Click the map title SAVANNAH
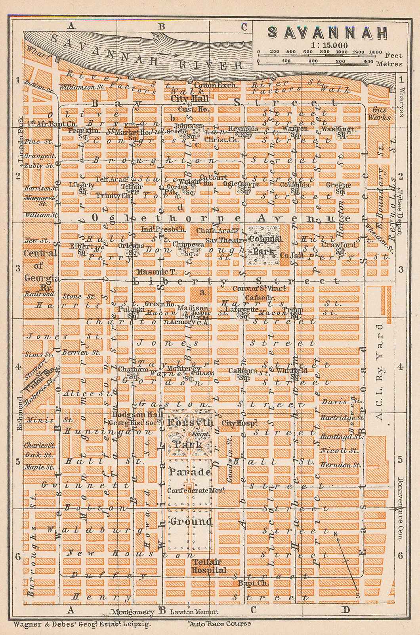coord(327,33)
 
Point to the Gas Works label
coord(379,113)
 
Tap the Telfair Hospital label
coord(209,566)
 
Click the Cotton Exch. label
coord(215,85)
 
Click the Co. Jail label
coord(290,256)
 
